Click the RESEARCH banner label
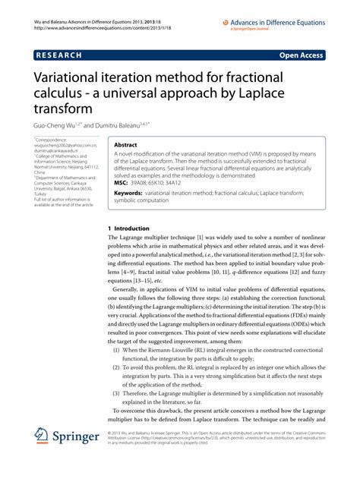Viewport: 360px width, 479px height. click(66, 55)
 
